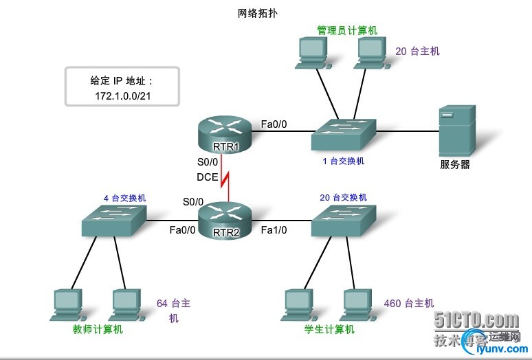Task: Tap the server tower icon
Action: point(457,131)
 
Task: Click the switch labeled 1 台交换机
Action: point(343,134)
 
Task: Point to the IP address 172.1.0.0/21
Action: point(123,95)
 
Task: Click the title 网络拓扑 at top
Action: point(258,13)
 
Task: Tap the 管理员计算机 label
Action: point(347,31)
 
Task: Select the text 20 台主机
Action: point(418,52)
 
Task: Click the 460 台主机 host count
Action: point(409,303)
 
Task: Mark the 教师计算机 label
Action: point(98,330)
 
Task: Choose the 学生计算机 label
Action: point(329,330)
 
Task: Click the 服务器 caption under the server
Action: point(455,165)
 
